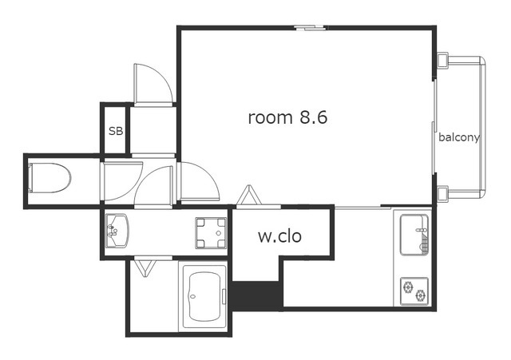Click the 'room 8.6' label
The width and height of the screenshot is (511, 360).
pos(287,117)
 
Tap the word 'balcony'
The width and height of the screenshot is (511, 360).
pos(459,137)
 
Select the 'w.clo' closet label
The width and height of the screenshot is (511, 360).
pos(279,236)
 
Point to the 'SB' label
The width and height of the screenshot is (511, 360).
pos(116,131)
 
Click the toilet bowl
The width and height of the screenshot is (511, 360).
pos(50,178)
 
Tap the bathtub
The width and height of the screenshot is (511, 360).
pos(204,296)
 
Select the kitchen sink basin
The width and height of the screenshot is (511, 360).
pos(414,234)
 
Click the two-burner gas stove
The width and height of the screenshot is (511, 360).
pos(414,291)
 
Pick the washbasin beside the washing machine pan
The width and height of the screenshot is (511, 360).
pos(117,231)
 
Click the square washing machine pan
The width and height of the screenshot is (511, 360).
pos(211,233)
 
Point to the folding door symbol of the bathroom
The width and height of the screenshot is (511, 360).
pos(145,267)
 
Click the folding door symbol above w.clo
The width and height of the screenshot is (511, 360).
pos(250,195)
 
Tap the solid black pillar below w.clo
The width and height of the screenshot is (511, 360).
pos(256,295)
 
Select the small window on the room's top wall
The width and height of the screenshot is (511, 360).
pos(310,28)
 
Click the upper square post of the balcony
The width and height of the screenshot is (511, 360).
pos(442,61)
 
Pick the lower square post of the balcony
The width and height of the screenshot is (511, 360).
pos(442,194)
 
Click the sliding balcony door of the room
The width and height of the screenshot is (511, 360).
pos(434,127)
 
